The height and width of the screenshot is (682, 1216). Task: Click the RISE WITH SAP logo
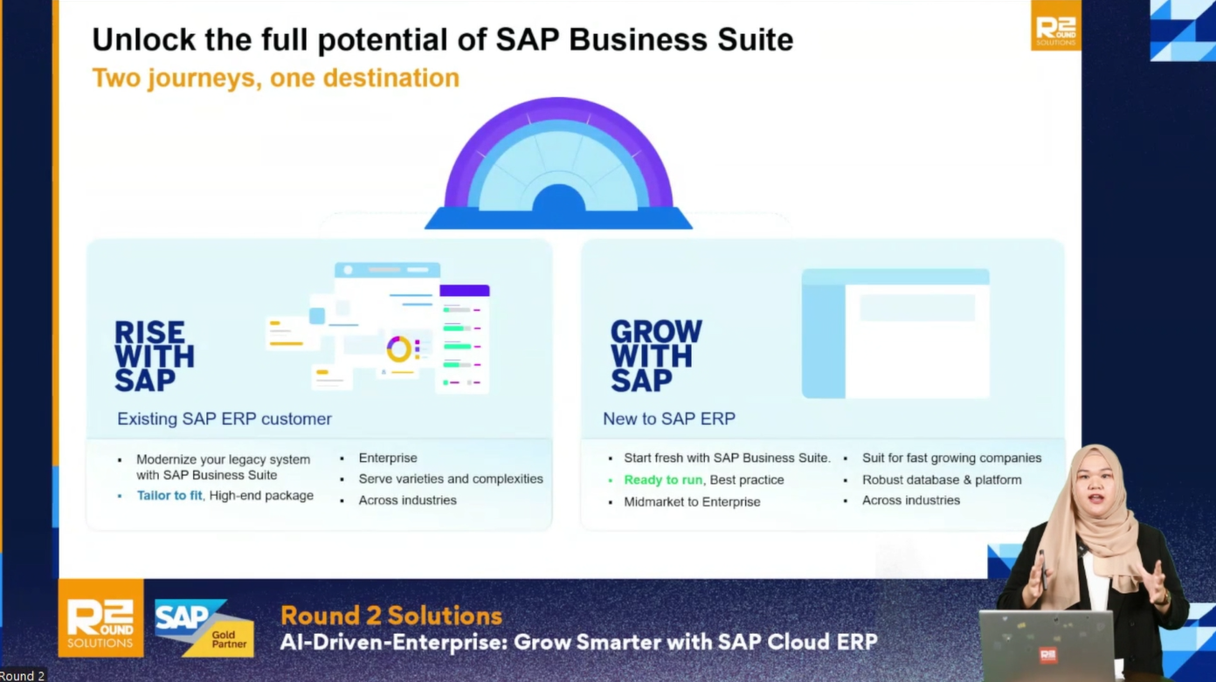pos(154,356)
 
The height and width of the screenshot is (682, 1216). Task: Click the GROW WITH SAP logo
pos(656,356)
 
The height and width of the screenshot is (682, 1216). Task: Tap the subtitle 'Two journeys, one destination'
pos(276,78)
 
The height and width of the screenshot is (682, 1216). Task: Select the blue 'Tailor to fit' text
pos(169,495)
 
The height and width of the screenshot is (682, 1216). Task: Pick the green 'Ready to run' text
pos(663,480)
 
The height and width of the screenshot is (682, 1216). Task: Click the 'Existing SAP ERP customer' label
pos(225,419)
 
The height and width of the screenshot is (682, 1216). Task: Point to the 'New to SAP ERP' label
pos(669,418)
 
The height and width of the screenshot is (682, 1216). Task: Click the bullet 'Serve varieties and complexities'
pos(451,479)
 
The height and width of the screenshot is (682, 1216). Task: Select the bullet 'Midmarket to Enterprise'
pos(692,502)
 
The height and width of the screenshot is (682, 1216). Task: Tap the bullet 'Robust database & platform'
pos(942,479)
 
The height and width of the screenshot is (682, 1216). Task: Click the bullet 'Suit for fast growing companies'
pos(951,458)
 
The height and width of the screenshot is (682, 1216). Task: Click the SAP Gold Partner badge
pos(204,627)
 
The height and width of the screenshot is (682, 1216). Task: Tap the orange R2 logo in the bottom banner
pos(101,618)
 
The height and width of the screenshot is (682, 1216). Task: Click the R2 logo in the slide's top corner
pos(1056,25)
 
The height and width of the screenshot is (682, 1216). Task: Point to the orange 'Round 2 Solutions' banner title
pos(390,616)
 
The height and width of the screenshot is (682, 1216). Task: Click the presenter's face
pos(1097,491)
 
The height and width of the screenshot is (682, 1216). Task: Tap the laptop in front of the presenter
pos(1047,644)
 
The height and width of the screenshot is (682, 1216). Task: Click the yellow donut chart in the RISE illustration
pos(399,349)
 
